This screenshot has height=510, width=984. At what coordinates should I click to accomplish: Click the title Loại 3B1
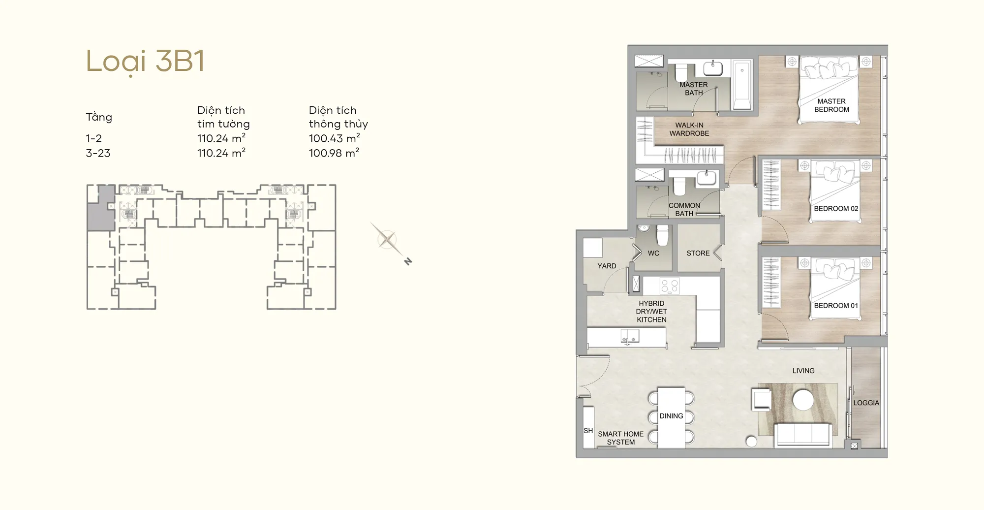[145, 62]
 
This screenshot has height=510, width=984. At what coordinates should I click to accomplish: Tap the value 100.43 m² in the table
[335, 138]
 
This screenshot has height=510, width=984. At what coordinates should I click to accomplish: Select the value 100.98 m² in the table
[334, 153]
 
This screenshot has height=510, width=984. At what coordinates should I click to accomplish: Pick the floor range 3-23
[98, 153]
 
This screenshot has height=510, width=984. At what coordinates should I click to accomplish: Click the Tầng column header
[99, 117]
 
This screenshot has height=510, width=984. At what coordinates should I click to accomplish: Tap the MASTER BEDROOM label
[831, 105]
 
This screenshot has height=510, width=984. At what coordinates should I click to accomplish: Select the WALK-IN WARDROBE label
[689, 129]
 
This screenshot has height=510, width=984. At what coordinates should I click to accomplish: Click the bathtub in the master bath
[742, 85]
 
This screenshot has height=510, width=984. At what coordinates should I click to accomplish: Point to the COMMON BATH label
[684, 209]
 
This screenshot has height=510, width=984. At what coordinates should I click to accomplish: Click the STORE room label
[698, 253]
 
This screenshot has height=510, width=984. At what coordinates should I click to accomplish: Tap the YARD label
[607, 266]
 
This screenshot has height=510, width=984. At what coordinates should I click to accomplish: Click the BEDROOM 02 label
[836, 209]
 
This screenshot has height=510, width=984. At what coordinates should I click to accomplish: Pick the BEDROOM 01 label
[836, 306]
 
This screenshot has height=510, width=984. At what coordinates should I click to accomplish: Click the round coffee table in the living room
[803, 400]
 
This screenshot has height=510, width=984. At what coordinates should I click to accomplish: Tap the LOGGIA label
[866, 403]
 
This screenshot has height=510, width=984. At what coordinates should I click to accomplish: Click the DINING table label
[671, 416]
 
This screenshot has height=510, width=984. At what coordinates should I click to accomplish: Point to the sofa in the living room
[803, 435]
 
